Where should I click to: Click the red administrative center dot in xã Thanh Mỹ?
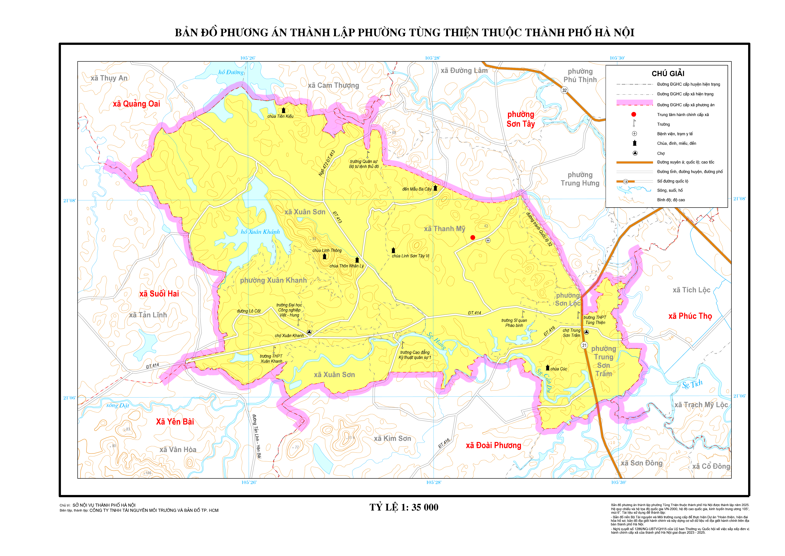pyautogui.click(x=472, y=237)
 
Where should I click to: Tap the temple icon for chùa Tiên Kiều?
pyautogui.click(x=283, y=110)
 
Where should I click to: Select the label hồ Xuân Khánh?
pyautogui.click(x=260, y=232)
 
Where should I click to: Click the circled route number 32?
pyautogui.click(x=564, y=90)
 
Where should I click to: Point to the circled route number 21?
pyautogui.click(x=584, y=346)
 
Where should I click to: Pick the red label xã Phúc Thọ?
pyautogui.click(x=690, y=316)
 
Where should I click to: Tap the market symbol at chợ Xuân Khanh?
pyautogui.click(x=309, y=332)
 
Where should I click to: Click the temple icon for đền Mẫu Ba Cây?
pyautogui.click(x=435, y=188)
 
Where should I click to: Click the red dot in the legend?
pyautogui.click(x=634, y=114)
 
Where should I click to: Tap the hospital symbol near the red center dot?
pyautogui.click(x=488, y=240)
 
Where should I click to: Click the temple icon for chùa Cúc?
pyautogui.click(x=547, y=368)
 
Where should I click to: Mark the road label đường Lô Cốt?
pyautogui.click(x=249, y=311)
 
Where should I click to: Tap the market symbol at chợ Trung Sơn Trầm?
pyautogui.click(x=586, y=332)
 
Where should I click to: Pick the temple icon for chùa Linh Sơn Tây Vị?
pyautogui.click(x=393, y=250)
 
